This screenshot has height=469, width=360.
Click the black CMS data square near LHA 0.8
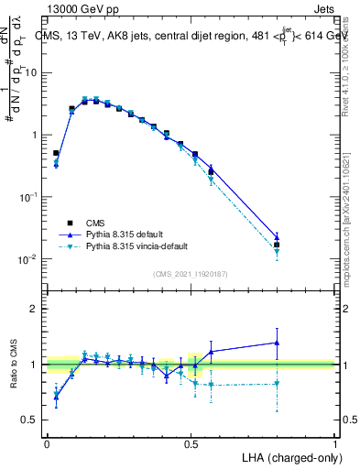tap(278, 245)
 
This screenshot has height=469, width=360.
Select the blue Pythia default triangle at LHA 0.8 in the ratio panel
tap(278, 343)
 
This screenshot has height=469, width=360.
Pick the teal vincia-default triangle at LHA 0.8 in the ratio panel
tap(278, 384)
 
